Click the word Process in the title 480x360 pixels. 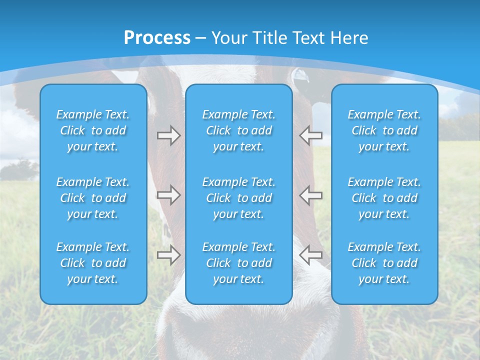pyautogui.click(x=157, y=38)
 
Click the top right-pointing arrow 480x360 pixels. pyautogui.click(x=168, y=135)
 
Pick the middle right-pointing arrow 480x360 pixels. pyautogui.click(x=168, y=195)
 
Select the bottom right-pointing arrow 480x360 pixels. pyautogui.click(x=168, y=255)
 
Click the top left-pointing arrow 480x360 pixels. pyautogui.click(x=310, y=135)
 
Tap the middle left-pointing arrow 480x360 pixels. pyautogui.click(x=310, y=195)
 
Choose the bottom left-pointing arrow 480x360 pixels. pyautogui.click(x=310, y=255)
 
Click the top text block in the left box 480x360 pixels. pyautogui.click(x=93, y=130)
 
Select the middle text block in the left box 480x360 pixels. pyautogui.click(x=93, y=198)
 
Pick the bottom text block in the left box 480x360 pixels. pyautogui.click(x=93, y=263)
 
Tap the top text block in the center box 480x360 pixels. pyautogui.click(x=239, y=130)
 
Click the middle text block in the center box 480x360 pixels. pyautogui.click(x=239, y=198)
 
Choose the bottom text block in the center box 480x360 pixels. pyautogui.click(x=239, y=263)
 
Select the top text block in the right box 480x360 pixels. pyautogui.click(x=384, y=130)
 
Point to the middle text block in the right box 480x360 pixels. pyautogui.click(x=384, y=198)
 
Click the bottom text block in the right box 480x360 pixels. pyautogui.click(x=384, y=263)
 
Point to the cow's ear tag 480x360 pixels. pyautogui.click(x=300, y=75)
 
